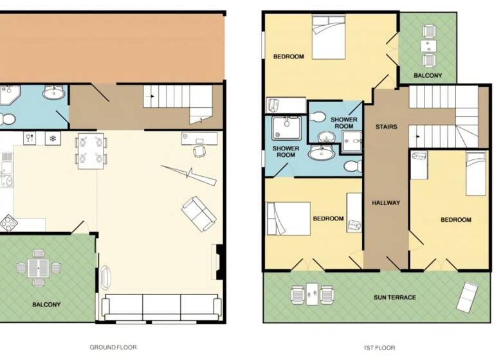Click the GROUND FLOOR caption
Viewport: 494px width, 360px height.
(x=113, y=347)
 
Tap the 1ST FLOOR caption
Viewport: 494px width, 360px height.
(x=379, y=347)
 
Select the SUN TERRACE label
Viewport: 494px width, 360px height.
(x=395, y=298)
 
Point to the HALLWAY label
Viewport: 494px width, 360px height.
(x=386, y=203)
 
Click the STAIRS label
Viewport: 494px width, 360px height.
(x=386, y=127)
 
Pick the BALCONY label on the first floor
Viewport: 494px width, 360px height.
(x=428, y=76)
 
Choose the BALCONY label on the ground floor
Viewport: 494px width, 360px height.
(x=46, y=304)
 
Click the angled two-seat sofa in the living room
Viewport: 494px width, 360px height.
(x=199, y=213)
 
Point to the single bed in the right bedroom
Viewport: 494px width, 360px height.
(x=476, y=174)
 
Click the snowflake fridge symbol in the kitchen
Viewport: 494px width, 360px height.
(x=51, y=138)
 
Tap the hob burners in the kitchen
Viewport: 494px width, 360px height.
(x=8, y=223)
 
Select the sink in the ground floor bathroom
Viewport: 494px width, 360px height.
(x=53, y=94)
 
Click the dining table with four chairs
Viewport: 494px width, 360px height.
(x=91, y=150)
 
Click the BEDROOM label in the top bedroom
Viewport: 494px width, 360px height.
(x=288, y=57)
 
